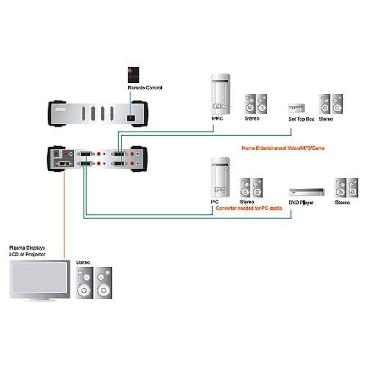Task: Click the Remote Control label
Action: click(x=145, y=88)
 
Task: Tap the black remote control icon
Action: click(x=133, y=75)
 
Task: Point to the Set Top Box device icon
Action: click(x=295, y=108)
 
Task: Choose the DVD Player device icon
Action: click(x=306, y=192)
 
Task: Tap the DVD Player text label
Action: click(x=300, y=202)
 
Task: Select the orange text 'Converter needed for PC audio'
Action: click(x=248, y=208)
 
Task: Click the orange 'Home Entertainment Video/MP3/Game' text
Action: click(x=283, y=148)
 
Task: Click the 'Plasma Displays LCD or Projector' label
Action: click(x=28, y=251)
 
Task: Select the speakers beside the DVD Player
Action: click(x=346, y=188)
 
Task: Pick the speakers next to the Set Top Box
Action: click(x=331, y=104)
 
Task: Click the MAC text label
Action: click(x=218, y=119)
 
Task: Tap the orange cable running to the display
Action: click(x=64, y=216)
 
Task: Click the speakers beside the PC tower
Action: click(x=251, y=188)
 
